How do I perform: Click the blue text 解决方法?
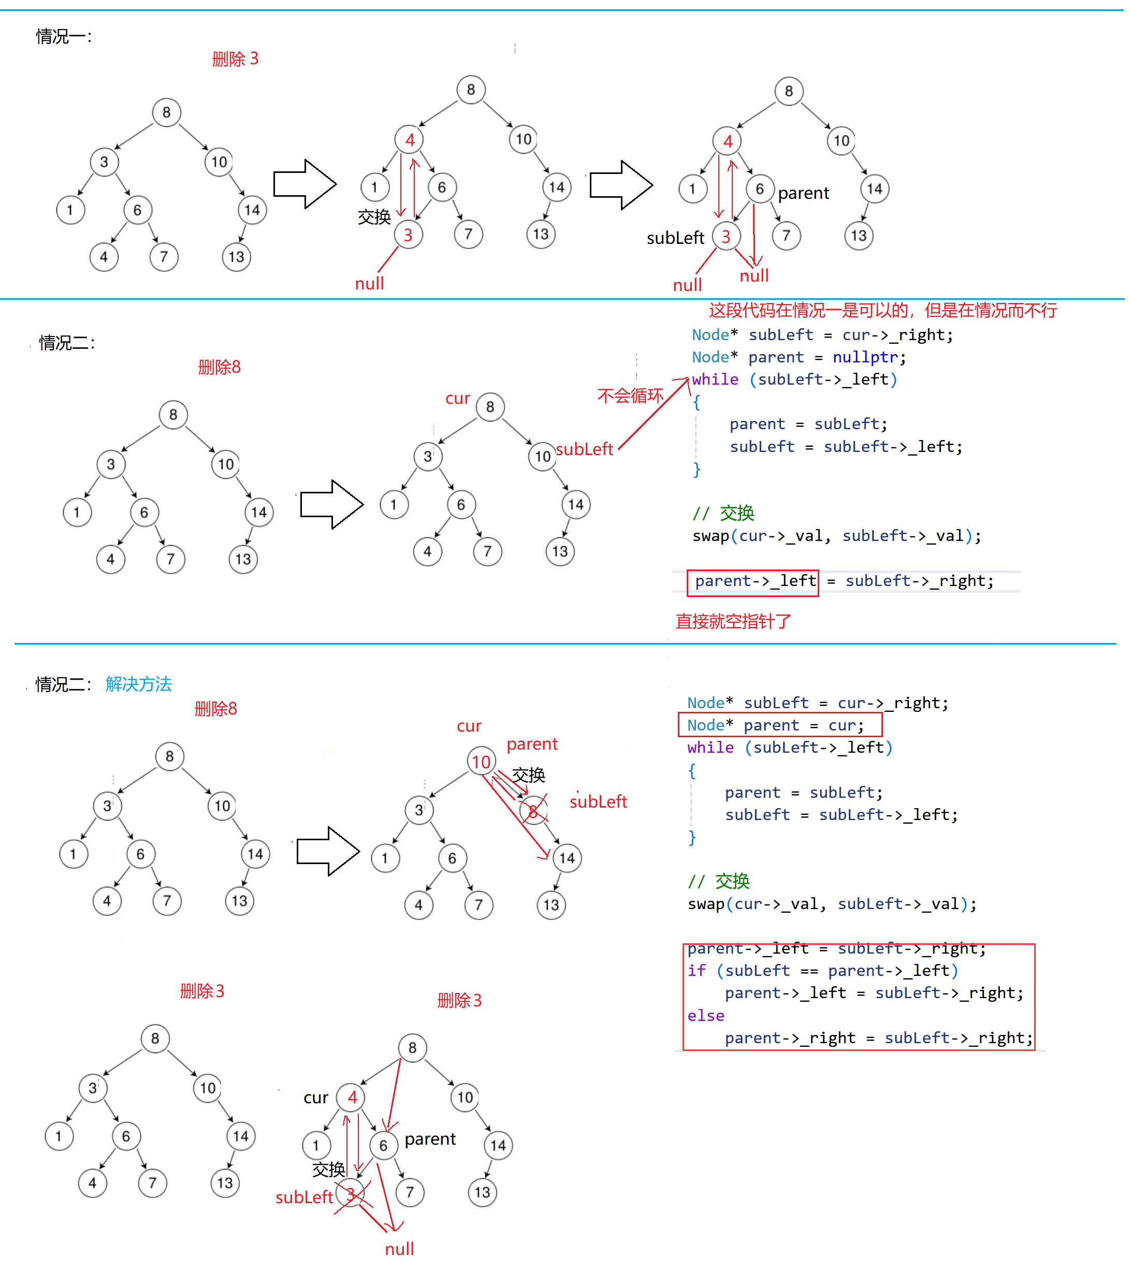click(x=139, y=684)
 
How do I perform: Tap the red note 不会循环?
click(x=630, y=396)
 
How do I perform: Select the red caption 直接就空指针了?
click(x=733, y=621)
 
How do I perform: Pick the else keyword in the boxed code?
click(x=705, y=1015)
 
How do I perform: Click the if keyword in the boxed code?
click(x=696, y=971)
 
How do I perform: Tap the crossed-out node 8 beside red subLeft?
click(x=533, y=811)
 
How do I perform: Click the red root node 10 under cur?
click(x=481, y=762)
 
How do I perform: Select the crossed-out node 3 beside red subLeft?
click(x=351, y=1194)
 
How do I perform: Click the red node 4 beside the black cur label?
click(x=352, y=1098)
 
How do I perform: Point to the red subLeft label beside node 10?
click(x=584, y=449)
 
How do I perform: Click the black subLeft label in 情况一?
click(x=675, y=238)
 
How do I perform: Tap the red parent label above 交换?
click(x=532, y=744)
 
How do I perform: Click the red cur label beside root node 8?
click(x=457, y=399)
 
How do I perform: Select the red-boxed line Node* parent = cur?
click(x=775, y=725)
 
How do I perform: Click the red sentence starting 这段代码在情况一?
click(x=882, y=310)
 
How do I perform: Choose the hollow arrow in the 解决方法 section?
click(x=328, y=851)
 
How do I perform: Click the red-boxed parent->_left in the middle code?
click(x=753, y=581)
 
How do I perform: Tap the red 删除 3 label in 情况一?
click(x=235, y=59)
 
